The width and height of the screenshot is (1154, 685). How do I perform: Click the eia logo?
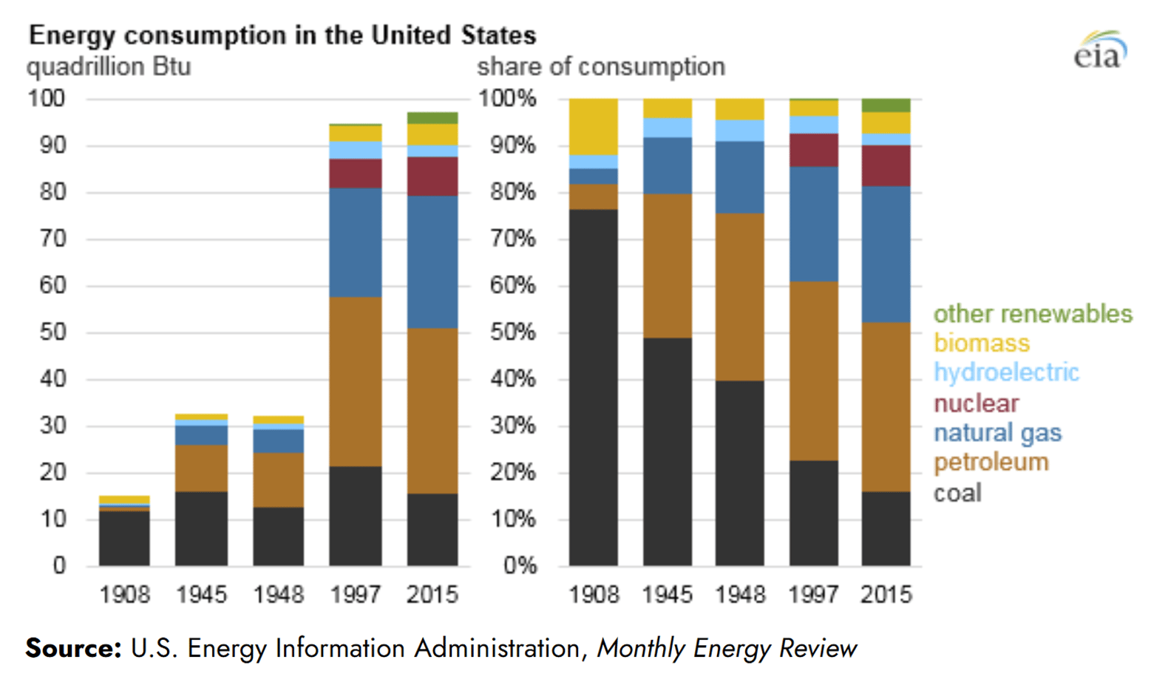click(x=1100, y=50)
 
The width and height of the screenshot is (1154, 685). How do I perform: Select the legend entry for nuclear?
click(x=976, y=403)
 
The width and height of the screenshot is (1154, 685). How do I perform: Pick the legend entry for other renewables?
click(x=1032, y=313)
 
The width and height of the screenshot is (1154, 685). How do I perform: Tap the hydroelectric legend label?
click(x=1006, y=372)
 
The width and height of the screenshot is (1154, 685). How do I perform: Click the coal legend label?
click(x=957, y=493)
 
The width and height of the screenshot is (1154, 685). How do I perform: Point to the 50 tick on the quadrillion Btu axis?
click(x=52, y=333)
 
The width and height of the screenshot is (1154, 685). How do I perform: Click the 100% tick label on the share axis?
click(x=508, y=98)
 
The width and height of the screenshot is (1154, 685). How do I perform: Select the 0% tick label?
click(x=519, y=566)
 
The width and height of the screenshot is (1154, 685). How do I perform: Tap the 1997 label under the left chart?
click(x=355, y=594)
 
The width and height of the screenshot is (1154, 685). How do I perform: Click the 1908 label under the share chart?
click(x=594, y=594)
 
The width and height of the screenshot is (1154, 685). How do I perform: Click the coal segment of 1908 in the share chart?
click(x=594, y=387)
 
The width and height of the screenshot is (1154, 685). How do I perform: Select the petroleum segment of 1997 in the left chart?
click(x=356, y=381)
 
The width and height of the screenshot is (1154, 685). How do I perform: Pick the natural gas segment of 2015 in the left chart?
click(x=432, y=262)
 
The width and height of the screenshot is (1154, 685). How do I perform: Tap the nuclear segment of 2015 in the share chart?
click(x=886, y=166)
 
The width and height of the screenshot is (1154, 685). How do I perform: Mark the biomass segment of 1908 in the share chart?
click(x=594, y=126)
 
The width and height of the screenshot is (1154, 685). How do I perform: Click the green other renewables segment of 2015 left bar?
click(x=432, y=118)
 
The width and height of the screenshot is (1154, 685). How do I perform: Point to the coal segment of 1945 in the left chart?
click(x=201, y=528)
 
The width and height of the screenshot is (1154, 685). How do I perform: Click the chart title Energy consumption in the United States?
click(x=282, y=35)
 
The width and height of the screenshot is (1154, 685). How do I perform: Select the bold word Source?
click(x=72, y=648)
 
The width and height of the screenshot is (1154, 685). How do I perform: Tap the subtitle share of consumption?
click(x=600, y=67)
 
